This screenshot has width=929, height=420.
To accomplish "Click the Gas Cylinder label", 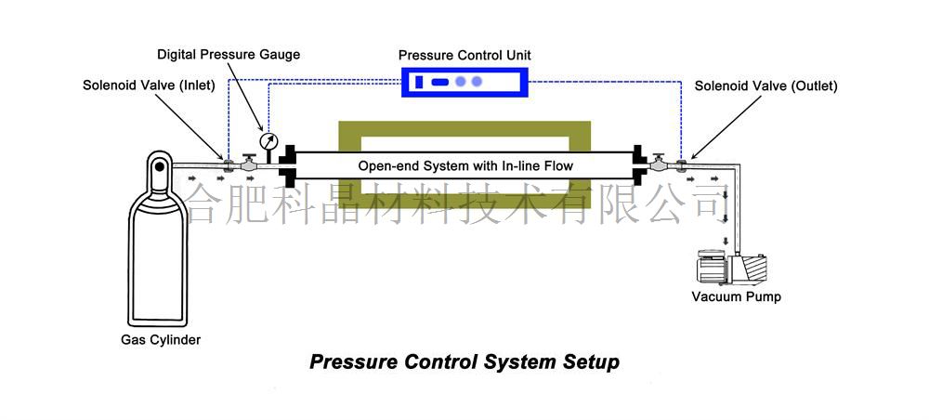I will (161, 339).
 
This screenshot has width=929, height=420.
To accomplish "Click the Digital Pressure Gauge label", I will (229, 54).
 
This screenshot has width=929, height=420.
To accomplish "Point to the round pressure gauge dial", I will (268, 142).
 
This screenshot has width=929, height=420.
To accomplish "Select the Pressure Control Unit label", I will (464, 56).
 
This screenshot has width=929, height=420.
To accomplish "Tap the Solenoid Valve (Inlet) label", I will (149, 85).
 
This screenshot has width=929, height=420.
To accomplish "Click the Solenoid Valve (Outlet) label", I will (766, 85).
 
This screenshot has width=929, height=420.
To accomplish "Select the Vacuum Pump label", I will (737, 297).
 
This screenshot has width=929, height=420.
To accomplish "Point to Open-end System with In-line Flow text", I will (465, 166).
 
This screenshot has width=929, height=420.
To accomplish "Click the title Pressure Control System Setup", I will (464, 361).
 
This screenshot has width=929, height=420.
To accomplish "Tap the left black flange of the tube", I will (287, 165).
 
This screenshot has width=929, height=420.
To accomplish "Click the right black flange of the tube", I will (641, 165).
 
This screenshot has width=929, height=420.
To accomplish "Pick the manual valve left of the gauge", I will (249, 164).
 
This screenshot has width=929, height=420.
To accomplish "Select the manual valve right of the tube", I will (659, 164).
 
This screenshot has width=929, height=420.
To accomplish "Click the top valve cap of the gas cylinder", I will (159, 166).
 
